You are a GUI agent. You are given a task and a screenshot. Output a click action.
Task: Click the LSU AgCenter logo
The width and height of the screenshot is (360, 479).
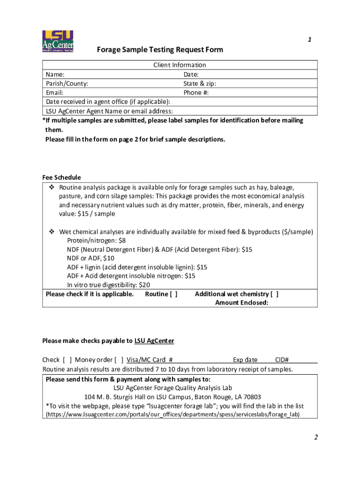pyautogui.click(x=58, y=42)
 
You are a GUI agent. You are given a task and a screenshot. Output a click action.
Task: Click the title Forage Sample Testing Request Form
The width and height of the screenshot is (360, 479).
pyautogui.click(x=160, y=50)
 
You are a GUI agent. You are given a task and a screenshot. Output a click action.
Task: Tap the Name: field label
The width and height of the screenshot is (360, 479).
pyautogui.click(x=55, y=74)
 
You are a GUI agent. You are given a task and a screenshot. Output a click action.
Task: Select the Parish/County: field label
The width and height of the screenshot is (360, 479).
pyautogui.click(x=67, y=84)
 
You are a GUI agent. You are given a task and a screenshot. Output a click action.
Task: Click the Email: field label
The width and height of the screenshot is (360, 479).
pyautogui.click(x=55, y=93)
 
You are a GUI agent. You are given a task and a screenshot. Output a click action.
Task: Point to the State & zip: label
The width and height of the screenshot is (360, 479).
pyautogui.click(x=200, y=84)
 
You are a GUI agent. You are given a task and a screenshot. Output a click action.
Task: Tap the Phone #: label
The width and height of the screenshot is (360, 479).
pyautogui.click(x=196, y=93)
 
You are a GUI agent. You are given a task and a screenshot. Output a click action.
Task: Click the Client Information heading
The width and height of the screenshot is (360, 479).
pyautogui.click(x=180, y=65)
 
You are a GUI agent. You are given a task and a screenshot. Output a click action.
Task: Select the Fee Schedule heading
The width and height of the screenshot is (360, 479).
pyautogui.click(x=61, y=177)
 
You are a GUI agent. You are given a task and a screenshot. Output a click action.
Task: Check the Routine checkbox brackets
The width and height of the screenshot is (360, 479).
pyautogui.click(x=173, y=294)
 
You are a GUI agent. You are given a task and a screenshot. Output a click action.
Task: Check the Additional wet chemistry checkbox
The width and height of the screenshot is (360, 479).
pyautogui.click(x=274, y=294)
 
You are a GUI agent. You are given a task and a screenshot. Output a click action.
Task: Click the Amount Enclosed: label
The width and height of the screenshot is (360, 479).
pyautogui.click(x=241, y=303)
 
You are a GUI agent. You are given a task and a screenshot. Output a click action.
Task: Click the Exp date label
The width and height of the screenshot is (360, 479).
pyautogui.click(x=245, y=360)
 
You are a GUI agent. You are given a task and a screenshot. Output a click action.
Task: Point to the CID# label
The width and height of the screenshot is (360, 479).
pyautogui.click(x=281, y=360)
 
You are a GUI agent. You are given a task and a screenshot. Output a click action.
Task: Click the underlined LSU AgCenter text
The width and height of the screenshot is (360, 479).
pyautogui.click(x=154, y=341)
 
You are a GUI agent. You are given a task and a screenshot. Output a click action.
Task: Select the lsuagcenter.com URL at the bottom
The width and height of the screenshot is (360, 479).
pyautogui.click(x=173, y=414)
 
